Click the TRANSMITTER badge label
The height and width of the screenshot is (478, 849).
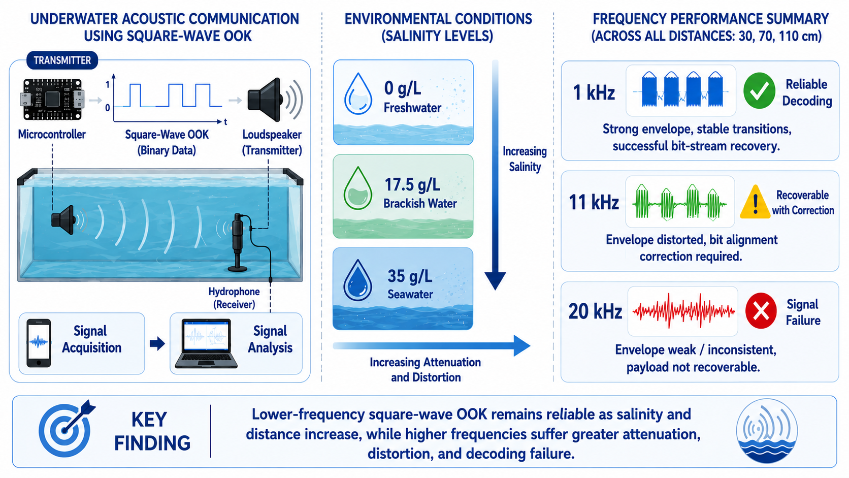[x=62, y=60]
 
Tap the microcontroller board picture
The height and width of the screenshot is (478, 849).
[x=52, y=100]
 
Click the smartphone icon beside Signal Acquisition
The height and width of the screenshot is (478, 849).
[x=39, y=343]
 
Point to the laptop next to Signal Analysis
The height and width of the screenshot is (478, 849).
[x=206, y=343]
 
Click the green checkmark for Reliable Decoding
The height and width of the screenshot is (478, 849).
[x=759, y=91]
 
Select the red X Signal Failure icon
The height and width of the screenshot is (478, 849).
[x=761, y=311]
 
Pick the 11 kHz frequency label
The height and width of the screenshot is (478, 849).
[x=594, y=202]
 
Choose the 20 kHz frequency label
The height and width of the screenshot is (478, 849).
[x=595, y=311]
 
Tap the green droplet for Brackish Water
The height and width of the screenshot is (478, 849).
[x=358, y=188]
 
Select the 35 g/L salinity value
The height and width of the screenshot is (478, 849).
[x=410, y=276]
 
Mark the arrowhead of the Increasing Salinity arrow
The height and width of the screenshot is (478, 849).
[x=495, y=281]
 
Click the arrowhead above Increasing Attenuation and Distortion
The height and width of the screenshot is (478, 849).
[x=522, y=345]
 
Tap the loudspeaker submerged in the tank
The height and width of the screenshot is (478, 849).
[x=63, y=219]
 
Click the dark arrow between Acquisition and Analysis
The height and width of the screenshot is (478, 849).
[x=157, y=344]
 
